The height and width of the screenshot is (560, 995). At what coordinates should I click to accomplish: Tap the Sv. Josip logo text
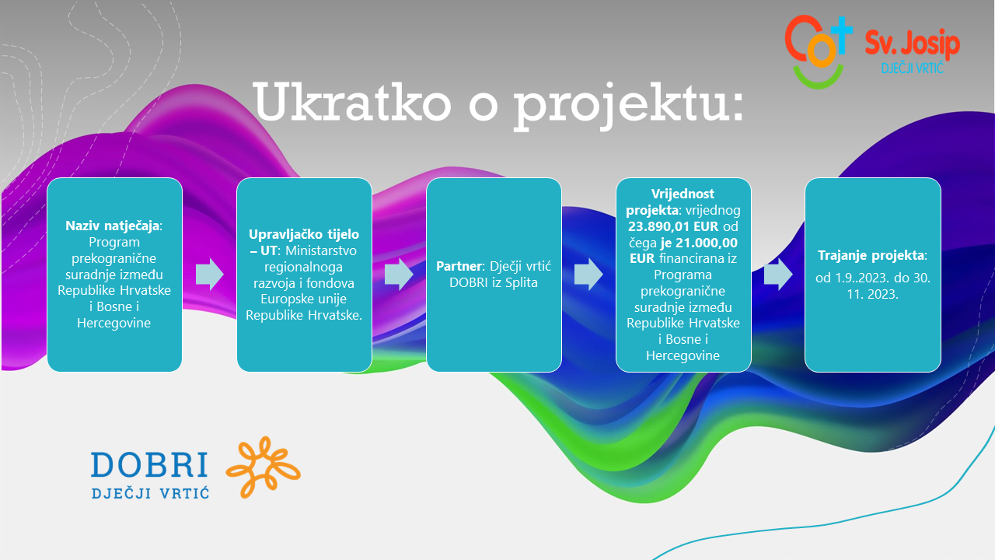[913, 44]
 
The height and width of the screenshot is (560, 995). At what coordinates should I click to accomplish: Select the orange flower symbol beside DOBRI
[263, 467]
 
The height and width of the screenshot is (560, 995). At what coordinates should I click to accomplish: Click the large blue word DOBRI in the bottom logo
[150, 465]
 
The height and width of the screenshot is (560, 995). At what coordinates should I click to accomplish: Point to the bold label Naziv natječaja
[113, 226]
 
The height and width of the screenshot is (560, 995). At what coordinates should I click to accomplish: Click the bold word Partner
[459, 266]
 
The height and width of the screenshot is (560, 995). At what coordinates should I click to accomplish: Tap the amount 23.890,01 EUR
[673, 226]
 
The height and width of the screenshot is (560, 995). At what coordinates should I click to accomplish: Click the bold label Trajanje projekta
[871, 255]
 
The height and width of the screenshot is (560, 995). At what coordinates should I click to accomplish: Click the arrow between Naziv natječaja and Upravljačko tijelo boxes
[210, 275]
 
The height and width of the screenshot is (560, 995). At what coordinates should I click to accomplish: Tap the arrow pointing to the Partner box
[399, 275]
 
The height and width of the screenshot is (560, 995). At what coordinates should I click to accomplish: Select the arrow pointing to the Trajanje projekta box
[778, 275]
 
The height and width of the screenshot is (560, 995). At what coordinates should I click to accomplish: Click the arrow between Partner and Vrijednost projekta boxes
[588, 275]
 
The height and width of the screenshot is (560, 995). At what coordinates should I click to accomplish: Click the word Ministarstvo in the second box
[321, 250]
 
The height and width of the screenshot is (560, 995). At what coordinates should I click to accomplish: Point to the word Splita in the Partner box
[521, 282]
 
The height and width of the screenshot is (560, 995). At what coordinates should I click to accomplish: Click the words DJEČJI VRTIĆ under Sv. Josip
[913, 68]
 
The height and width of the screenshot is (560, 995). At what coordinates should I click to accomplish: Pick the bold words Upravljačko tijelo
[304, 235]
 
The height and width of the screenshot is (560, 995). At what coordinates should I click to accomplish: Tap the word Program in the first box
[114, 243]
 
